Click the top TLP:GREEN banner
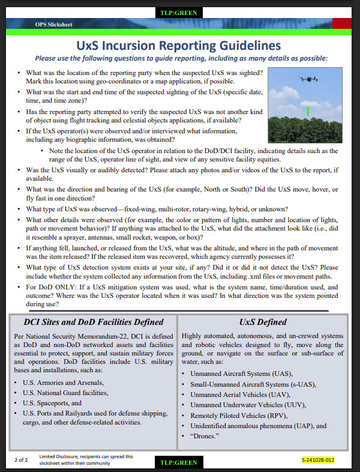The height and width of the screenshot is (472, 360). (180, 12)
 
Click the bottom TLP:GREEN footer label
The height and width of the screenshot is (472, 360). (180, 462)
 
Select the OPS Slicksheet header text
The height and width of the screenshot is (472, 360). (54, 25)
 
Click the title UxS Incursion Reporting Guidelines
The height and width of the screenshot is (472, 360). (179, 46)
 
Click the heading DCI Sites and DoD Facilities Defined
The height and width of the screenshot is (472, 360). (94, 322)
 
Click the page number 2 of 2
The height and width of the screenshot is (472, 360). (22, 460)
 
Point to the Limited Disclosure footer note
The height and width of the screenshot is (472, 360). (86, 460)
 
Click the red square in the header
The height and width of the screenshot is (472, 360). (342, 22)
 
